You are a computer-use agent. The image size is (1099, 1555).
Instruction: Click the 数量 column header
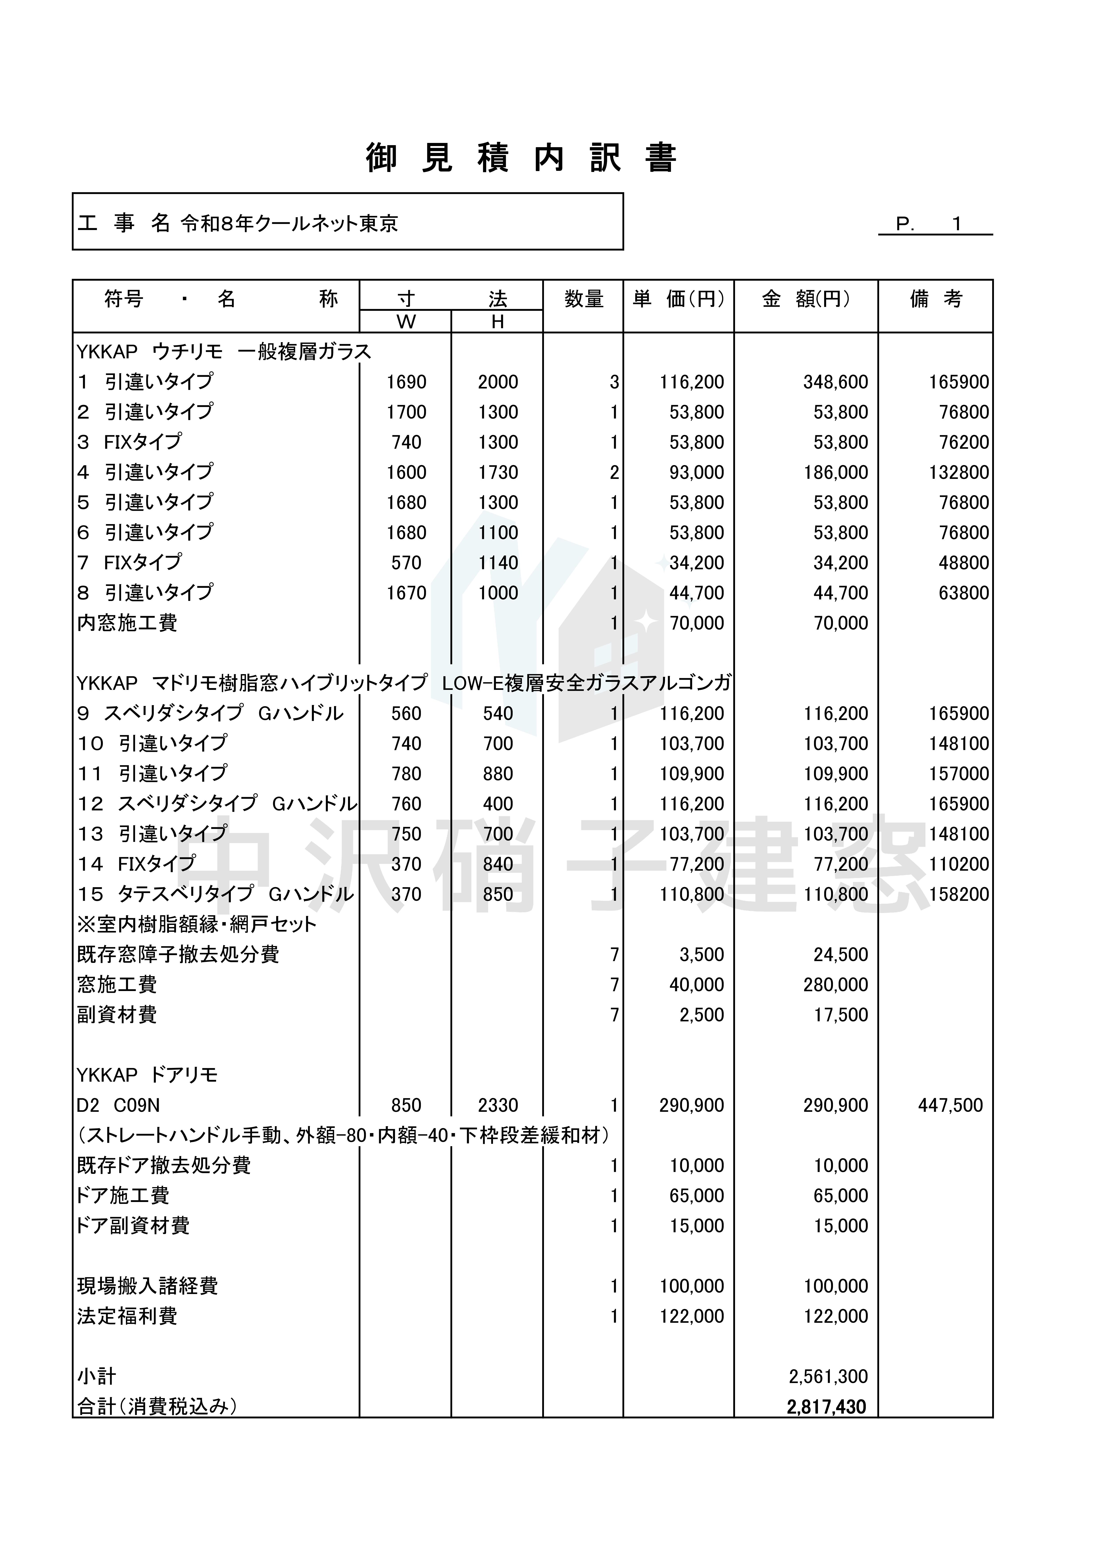[583, 299]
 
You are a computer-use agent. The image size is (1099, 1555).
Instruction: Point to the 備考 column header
[936, 299]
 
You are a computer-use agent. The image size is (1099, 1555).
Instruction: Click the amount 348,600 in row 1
[835, 382]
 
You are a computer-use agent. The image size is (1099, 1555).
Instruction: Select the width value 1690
[407, 382]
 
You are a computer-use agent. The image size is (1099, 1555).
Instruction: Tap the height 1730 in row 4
[498, 473]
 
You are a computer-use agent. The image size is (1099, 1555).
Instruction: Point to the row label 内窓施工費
[127, 623]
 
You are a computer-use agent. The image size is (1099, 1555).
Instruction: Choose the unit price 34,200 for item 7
[696, 563]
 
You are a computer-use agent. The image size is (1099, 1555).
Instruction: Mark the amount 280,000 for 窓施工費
[835, 985]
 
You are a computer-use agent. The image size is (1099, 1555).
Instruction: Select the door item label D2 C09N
[119, 1105]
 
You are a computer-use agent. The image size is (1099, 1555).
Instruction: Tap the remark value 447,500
[950, 1105]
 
